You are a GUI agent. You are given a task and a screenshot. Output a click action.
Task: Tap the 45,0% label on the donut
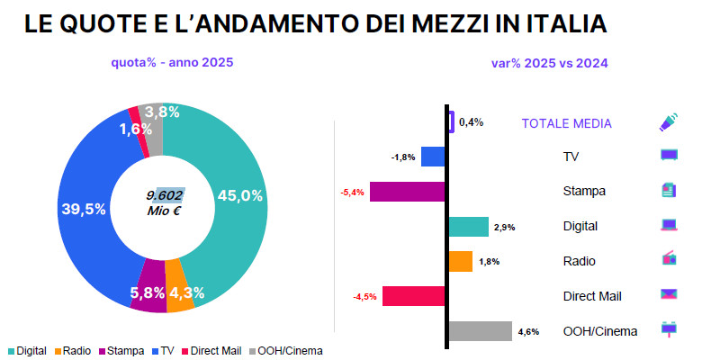pos(239,195)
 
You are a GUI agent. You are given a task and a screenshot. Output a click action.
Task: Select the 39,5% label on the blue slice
pos(83,208)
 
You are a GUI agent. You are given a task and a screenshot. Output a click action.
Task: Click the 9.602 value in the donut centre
pos(165,194)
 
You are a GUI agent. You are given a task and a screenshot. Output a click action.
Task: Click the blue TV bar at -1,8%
pos(433,157)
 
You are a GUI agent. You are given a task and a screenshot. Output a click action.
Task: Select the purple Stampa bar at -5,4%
pos(407,192)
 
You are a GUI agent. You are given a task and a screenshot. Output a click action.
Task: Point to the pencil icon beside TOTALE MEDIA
pos(669,122)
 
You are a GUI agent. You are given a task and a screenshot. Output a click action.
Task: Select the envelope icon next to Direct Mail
pos(669,294)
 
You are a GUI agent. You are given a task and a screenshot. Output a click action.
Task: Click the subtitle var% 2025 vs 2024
pos(549,63)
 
